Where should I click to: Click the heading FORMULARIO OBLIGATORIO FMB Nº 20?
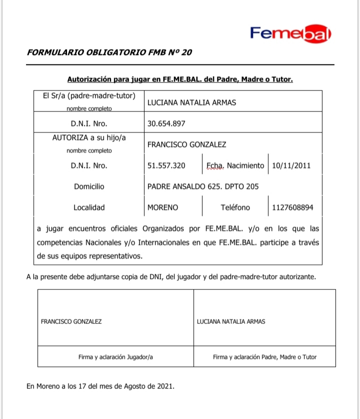(109, 52)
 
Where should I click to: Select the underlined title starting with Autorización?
(179, 79)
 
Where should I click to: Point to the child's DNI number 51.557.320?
(166, 165)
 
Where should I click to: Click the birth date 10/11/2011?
(291, 165)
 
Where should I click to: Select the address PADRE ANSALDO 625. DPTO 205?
(203, 186)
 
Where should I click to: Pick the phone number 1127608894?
(293, 207)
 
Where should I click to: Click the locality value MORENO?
(162, 207)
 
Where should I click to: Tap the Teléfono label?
(235, 207)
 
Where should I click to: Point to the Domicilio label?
(89, 186)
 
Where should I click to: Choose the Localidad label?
(89, 207)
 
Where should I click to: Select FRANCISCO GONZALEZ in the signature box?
(71, 321)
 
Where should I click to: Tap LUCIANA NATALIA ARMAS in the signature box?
(231, 321)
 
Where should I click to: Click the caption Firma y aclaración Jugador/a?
(115, 357)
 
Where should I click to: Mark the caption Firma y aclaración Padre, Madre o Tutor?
(264, 357)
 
